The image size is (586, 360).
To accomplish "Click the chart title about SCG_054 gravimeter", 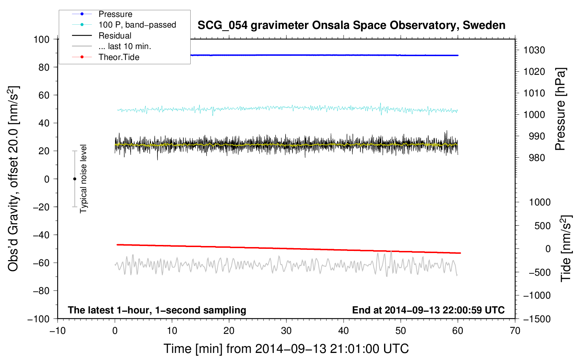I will click(351, 25).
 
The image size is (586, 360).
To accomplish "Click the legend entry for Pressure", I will click(115, 14).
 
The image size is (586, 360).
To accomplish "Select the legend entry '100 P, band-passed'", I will click(137, 25).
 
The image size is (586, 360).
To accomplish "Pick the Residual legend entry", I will click(115, 36).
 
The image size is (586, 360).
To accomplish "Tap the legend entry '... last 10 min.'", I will click(125, 46).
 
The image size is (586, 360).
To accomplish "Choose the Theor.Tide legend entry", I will click(119, 57).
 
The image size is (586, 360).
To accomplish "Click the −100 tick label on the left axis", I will click(38, 319).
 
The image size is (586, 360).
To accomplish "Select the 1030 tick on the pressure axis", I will click(534, 50).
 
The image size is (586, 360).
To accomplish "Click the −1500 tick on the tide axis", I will click(537, 319).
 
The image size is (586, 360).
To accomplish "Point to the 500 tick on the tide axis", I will click(542, 226).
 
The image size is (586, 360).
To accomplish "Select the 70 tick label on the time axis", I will click(515, 331).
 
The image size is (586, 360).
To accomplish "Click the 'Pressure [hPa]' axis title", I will click(560, 109).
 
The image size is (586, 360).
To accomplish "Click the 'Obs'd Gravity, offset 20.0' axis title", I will click(13, 179).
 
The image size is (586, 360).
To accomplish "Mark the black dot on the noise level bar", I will click(74, 179).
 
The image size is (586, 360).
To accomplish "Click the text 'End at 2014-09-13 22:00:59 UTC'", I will click(428, 310).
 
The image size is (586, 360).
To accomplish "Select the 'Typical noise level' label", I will click(83, 179).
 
